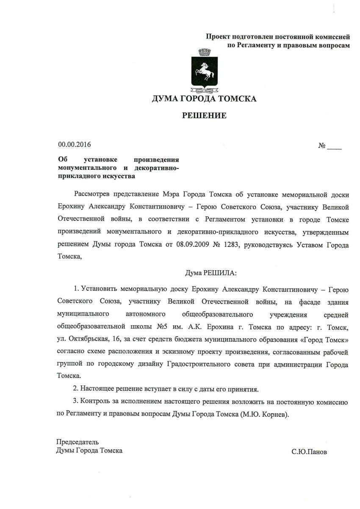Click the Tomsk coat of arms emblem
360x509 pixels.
pos(204,71)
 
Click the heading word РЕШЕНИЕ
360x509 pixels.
pos(204,115)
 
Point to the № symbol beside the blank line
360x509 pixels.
pos(322,146)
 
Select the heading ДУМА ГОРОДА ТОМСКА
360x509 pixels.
pos(204,100)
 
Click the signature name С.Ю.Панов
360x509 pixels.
pos(309,451)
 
